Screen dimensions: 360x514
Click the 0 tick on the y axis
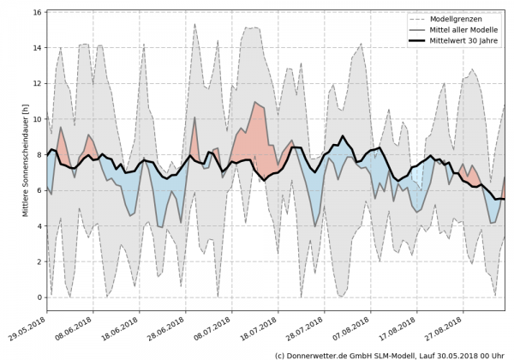click(40, 297)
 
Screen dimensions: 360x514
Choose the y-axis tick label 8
click(40, 155)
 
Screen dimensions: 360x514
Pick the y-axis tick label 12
click(38, 84)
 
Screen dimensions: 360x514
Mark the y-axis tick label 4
click(40, 226)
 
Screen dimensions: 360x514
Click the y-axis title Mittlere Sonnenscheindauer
click(12, 159)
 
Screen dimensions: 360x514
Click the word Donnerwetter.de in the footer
click(320, 354)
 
